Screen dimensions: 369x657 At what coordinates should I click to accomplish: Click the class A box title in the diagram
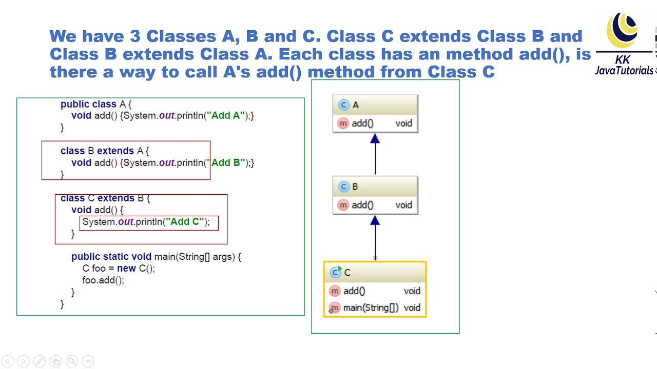pyautogui.click(x=375, y=105)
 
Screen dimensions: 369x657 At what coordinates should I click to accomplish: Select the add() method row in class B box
pyautogui.click(x=375, y=205)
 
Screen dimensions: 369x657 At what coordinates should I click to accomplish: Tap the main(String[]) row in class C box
pyautogui.click(x=375, y=307)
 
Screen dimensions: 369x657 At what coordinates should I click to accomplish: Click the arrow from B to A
pyautogui.click(x=375, y=154)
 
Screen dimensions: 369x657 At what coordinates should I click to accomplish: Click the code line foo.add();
pyautogui.click(x=103, y=280)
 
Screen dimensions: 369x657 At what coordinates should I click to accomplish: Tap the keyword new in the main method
pyautogui.click(x=126, y=268)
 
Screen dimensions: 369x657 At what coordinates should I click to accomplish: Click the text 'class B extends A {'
pyautogui.click(x=105, y=151)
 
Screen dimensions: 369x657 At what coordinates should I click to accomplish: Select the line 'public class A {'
pyautogui.click(x=96, y=104)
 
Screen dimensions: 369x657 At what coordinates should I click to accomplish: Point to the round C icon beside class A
pyautogui.click(x=343, y=105)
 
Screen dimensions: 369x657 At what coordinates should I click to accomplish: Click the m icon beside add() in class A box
pyautogui.click(x=343, y=123)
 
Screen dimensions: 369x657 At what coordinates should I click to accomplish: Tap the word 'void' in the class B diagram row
pyautogui.click(x=403, y=205)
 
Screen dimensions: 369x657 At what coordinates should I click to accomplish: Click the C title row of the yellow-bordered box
pyautogui.click(x=375, y=273)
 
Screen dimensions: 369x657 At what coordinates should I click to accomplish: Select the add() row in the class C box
pyautogui.click(x=375, y=291)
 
